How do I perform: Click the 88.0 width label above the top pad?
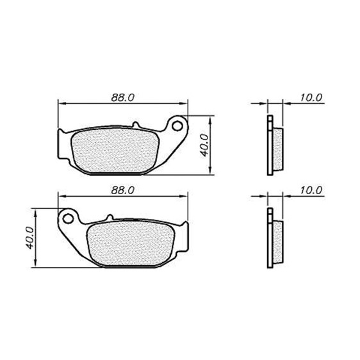click(122, 98)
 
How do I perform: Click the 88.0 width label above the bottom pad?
click(122, 190)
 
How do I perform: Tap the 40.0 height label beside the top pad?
click(204, 145)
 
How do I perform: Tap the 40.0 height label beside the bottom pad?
click(29, 238)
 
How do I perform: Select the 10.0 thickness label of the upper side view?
click(311, 98)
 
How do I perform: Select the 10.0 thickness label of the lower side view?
click(311, 190)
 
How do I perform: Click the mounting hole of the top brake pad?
click(177, 126)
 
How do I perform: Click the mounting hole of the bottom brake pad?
click(68, 218)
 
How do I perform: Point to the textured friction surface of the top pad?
click(115, 151)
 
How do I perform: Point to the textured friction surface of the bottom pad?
click(131, 243)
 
